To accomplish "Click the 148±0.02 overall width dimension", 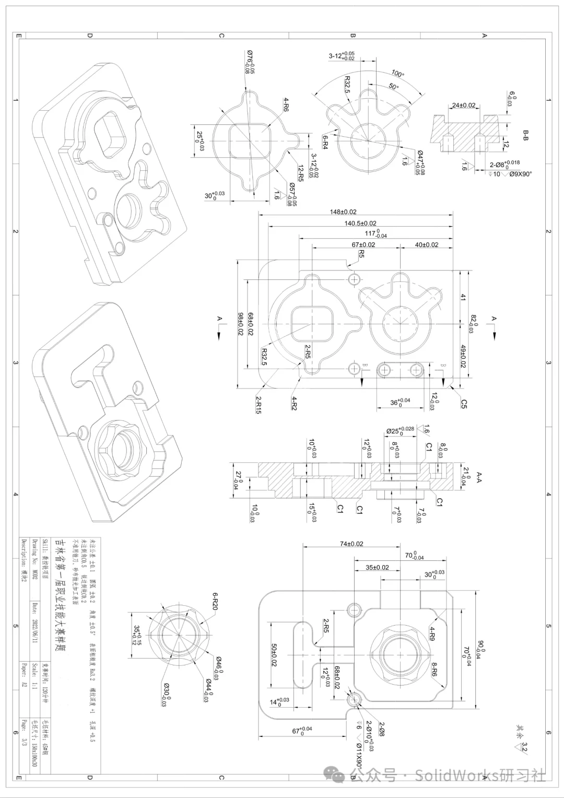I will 343,212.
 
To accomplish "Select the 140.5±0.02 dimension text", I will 360,224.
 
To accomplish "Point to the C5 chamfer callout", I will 464,403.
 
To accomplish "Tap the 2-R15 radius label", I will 258,405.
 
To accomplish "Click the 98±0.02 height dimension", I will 241,324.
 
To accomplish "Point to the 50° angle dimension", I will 393,87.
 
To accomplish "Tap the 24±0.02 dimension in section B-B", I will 463,105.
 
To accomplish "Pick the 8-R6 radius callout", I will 433,670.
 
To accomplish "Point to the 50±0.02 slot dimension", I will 274,656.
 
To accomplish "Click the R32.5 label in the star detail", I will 347,84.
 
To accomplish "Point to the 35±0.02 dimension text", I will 377,567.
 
